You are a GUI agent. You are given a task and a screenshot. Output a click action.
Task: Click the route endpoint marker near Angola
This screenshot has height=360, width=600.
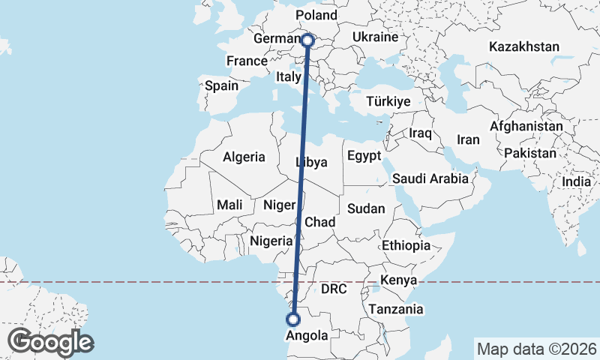[293, 319]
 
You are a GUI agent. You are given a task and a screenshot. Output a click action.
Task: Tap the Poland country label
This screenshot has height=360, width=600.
[316, 15]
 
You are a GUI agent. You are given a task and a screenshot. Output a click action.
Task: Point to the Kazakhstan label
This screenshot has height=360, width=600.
[523, 46]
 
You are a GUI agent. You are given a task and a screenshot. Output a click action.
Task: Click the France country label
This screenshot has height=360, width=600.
[247, 61]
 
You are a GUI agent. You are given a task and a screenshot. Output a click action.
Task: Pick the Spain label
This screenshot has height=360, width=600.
[221, 85]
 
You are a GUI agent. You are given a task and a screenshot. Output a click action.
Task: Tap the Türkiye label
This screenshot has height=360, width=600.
[388, 101]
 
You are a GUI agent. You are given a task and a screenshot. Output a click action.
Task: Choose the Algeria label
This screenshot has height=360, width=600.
[244, 157]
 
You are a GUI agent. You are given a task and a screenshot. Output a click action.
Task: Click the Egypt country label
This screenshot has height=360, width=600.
[364, 156]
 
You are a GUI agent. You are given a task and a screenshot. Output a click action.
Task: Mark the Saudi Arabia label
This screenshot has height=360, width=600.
[430, 178]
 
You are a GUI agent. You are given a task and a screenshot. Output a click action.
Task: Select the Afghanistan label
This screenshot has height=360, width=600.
[526, 127]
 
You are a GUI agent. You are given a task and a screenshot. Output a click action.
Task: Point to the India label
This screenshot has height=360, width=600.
[577, 181]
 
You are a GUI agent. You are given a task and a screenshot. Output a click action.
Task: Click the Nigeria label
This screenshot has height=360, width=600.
[270, 241]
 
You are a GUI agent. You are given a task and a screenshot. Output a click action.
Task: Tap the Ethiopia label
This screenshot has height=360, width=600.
[406, 245]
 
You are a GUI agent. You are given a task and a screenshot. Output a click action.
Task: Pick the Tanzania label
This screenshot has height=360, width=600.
[396, 309]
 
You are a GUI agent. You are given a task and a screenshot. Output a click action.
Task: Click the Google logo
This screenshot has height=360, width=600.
[50, 342]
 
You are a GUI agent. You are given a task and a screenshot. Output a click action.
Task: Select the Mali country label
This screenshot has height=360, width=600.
[229, 205]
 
